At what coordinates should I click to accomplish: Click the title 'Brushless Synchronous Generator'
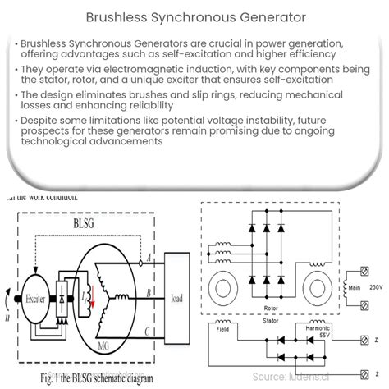[x=194, y=16]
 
